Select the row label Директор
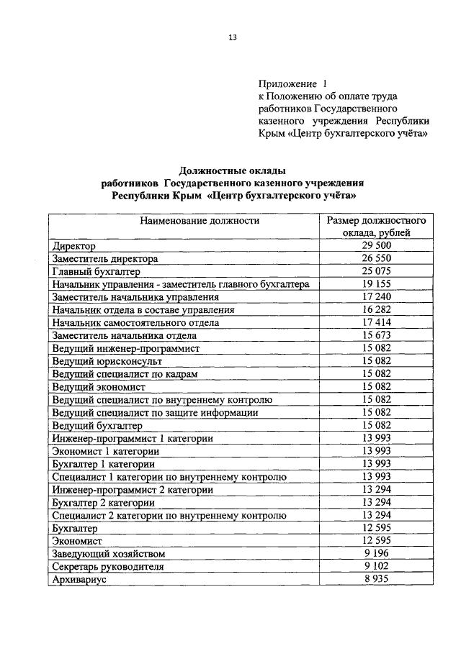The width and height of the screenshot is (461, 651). [x=74, y=246]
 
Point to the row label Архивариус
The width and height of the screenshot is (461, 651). [x=79, y=580]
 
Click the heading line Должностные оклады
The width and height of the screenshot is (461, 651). [x=232, y=170]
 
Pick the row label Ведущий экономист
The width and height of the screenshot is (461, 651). [x=99, y=387]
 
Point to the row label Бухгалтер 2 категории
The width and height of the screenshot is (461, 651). [x=103, y=503]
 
